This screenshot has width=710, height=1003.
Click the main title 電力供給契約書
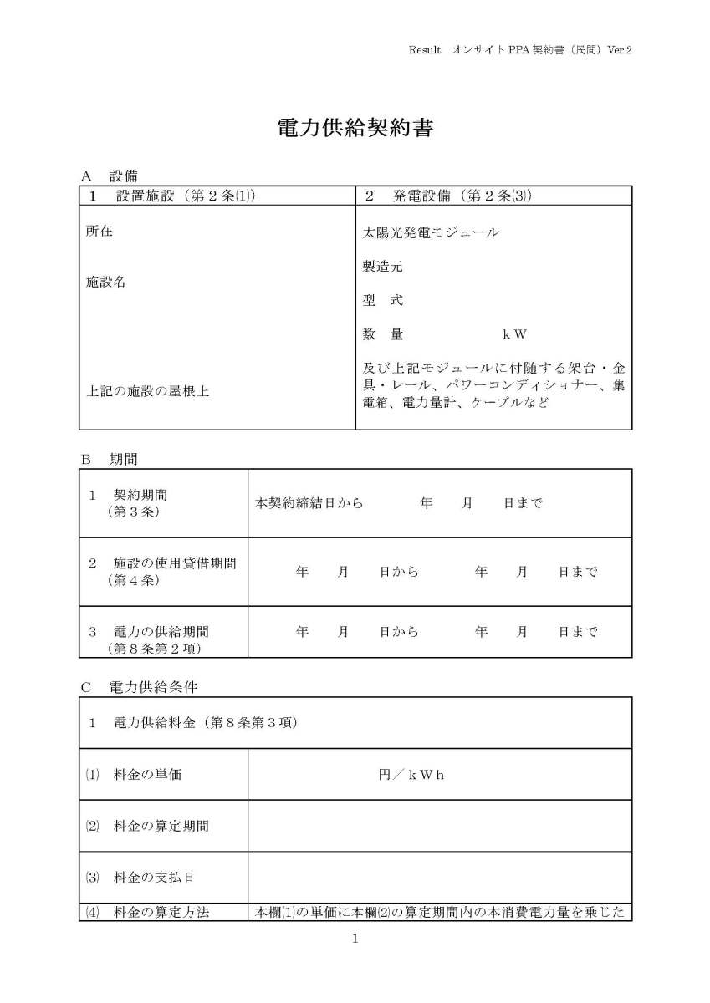click(x=355, y=128)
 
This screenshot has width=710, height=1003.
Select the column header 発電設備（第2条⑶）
click(x=449, y=196)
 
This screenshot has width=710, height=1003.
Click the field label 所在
click(x=100, y=232)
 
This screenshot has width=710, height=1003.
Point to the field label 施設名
click(x=106, y=283)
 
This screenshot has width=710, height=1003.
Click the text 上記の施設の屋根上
click(x=148, y=390)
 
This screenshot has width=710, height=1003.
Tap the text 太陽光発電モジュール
click(x=431, y=232)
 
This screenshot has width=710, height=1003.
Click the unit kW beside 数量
click(x=514, y=335)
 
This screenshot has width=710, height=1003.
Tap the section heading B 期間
click(x=110, y=459)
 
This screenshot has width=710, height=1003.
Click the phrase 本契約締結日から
click(x=309, y=503)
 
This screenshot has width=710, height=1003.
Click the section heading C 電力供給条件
click(x=140, y=687)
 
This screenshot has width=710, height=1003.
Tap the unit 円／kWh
click(x=411, y=775)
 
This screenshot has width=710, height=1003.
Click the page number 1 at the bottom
click(x=355, y=939)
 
